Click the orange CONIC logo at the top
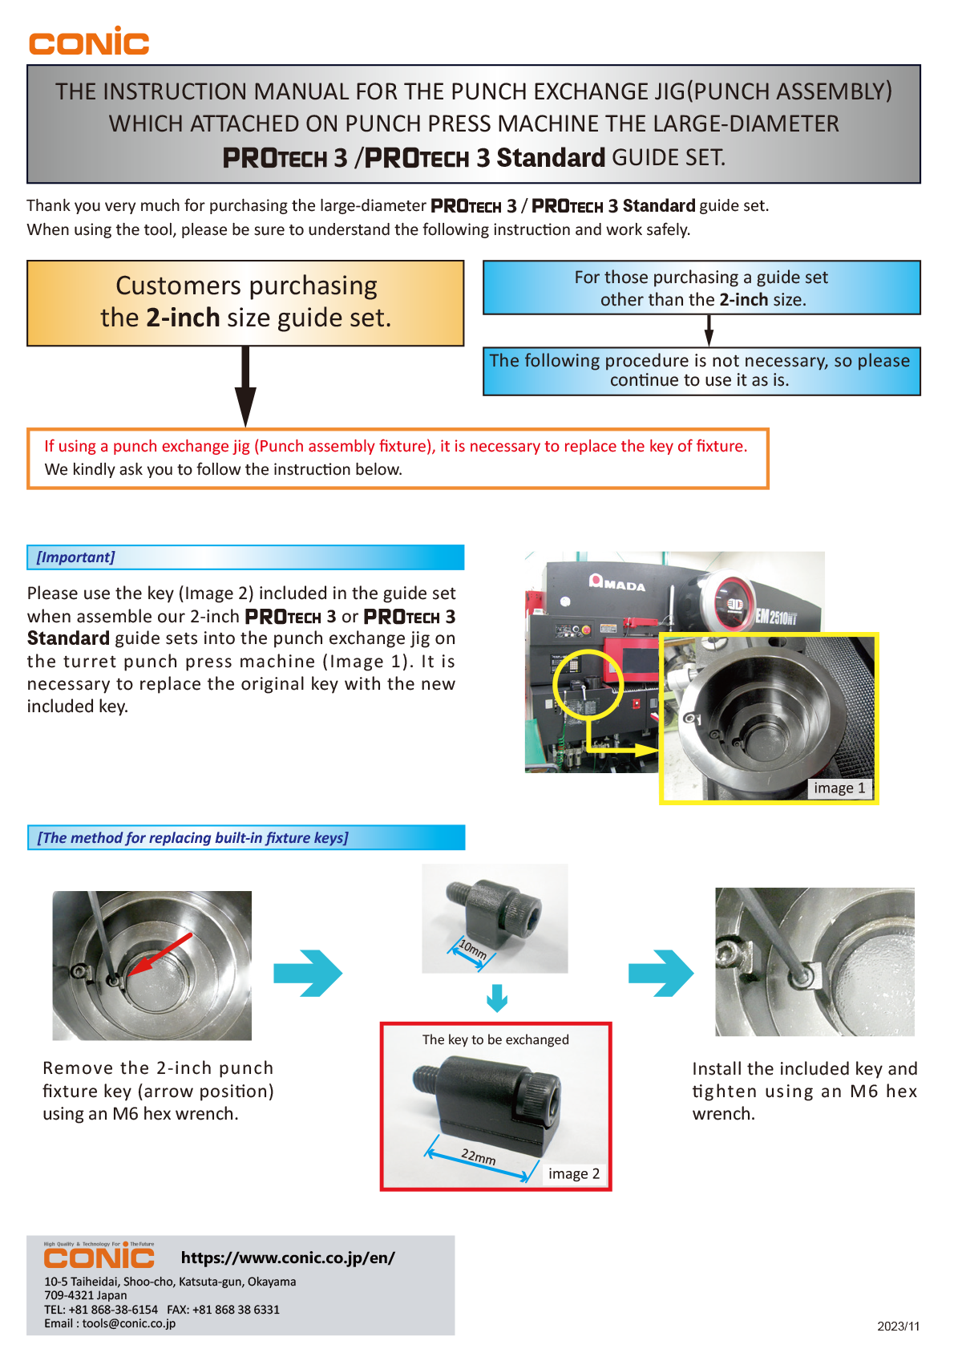(89, 42)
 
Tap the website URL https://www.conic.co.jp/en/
(288, 1258)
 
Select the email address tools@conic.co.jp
(128, 1323)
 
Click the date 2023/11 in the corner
(898, 1327)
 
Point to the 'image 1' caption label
(839, 788)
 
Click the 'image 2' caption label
(573, 1174)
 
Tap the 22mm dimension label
(479, 1157)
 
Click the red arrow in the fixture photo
(160, 954)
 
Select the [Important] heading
(76, 557)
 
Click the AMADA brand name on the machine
(618, 584)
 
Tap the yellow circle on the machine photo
(588, 683)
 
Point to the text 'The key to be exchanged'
(495, 1040)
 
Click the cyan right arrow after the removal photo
(308, 974)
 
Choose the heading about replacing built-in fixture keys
(192, 838)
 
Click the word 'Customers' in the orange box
(178, 286)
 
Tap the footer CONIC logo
(99, 1258)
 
